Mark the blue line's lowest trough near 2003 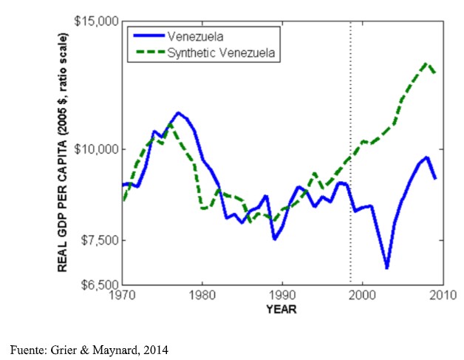(x=386, y=268)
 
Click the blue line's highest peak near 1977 (x=178, y=113)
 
